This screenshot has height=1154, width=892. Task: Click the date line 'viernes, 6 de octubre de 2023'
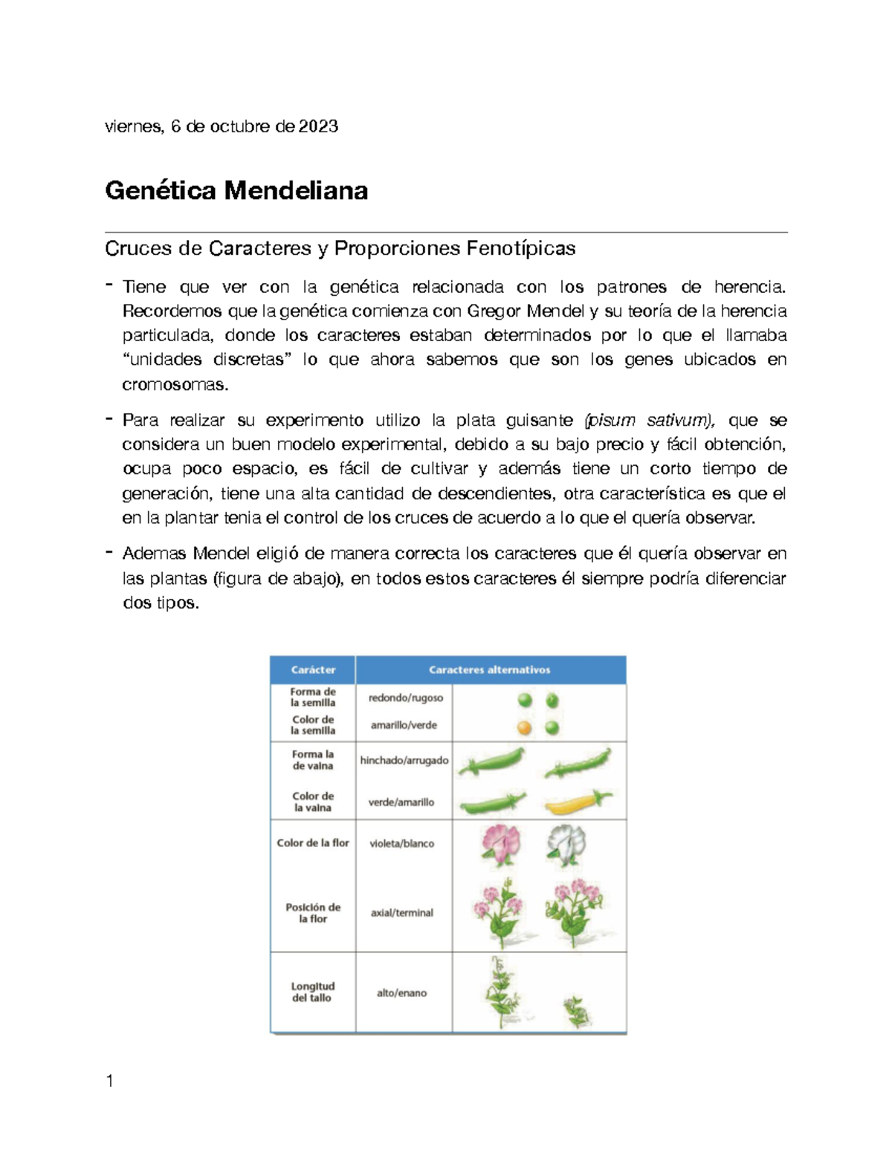222,126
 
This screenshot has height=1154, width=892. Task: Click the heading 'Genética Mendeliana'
236,191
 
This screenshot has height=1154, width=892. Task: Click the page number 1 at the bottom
110,1081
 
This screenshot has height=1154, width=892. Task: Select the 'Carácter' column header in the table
313,670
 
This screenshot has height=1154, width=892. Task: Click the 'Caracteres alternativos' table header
489,670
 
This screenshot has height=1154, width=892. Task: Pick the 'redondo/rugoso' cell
405,698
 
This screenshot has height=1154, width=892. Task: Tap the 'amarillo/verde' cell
404,725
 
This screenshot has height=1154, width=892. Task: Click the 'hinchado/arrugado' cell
404,760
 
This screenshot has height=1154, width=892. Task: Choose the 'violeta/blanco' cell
401,843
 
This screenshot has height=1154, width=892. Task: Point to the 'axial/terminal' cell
401,912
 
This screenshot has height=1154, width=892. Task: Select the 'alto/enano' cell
401,993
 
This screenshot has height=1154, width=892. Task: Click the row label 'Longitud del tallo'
312,992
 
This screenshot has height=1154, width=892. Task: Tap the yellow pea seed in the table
525,727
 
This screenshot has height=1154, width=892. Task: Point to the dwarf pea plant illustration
576,1012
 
